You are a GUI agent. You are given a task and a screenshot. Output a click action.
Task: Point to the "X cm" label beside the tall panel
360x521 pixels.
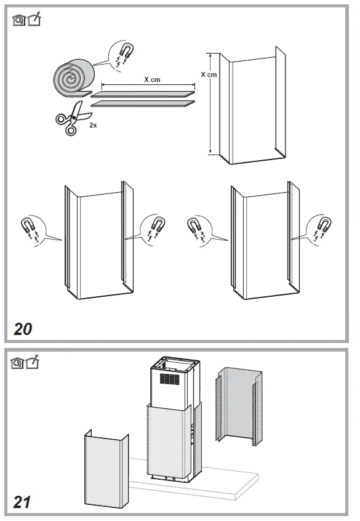pos(209,75)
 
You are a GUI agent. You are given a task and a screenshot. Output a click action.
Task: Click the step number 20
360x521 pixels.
pos(23,328)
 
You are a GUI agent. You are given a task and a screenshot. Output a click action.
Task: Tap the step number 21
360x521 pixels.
pos(22,502)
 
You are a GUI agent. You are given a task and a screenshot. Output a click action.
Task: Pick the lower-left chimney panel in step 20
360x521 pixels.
pos(98,243)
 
